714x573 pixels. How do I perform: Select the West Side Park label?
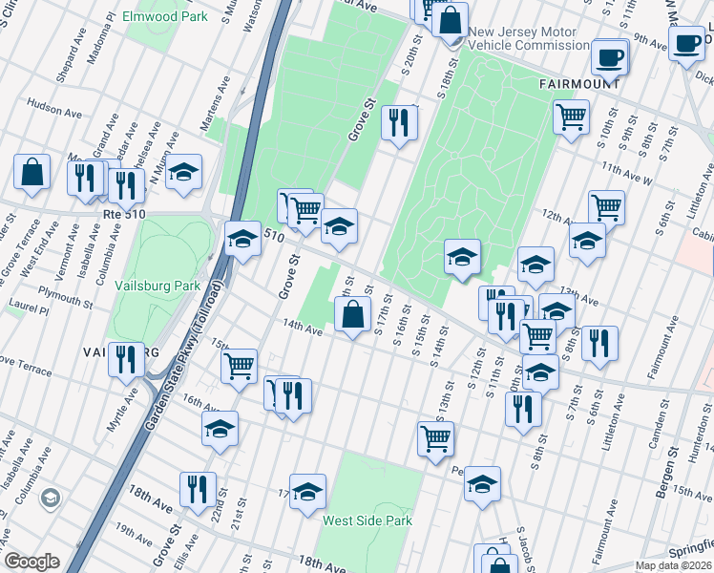[367, 520]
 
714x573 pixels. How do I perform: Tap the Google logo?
[31, 562]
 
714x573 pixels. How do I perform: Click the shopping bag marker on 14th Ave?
[352, 315]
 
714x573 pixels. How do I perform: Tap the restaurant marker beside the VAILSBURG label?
[126, 361]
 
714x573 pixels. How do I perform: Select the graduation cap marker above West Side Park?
[307, 493]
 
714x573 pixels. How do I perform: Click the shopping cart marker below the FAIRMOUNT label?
[571, 118]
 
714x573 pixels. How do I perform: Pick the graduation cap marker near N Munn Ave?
[184, 172]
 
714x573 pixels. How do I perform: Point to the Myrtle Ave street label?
[122, 409]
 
